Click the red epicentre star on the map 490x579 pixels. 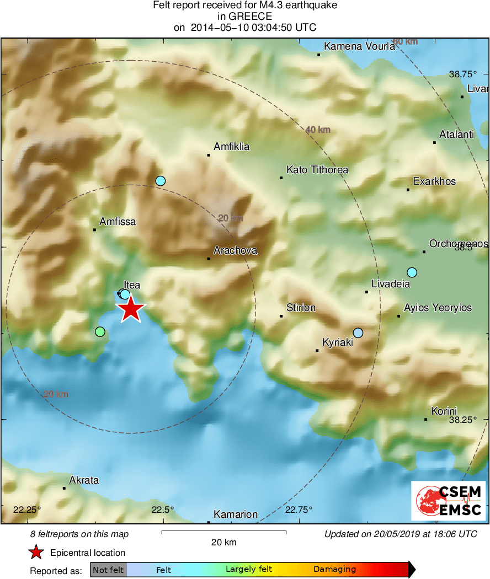(x=131, y=309)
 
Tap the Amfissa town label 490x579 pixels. (x=117, y=222)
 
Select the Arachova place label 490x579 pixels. (x=235, y=250)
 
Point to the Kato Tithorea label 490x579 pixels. (x=317, y=170)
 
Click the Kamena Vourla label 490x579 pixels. (x=359, y=46)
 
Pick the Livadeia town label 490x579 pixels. (x=391, y=284)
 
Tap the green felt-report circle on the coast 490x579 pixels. (x=100, y=331)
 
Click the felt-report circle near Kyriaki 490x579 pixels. (x=358, y=333)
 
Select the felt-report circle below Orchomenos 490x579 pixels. (x=412, y=272)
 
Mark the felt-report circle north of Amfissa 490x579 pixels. (x=161, y=180)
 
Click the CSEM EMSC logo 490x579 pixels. (x=449, y=501)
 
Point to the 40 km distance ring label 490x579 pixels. (x=318, y=130)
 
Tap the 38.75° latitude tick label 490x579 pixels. (x=462, y=74)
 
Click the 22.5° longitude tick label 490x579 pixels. (x=163, y=510)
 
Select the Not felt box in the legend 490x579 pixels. (x=108, y=570)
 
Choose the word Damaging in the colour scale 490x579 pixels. (x=334, y=570)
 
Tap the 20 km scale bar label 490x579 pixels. (x=224, y=542)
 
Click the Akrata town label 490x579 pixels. (x=84, y=480)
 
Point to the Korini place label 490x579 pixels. (x=444, y=411)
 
